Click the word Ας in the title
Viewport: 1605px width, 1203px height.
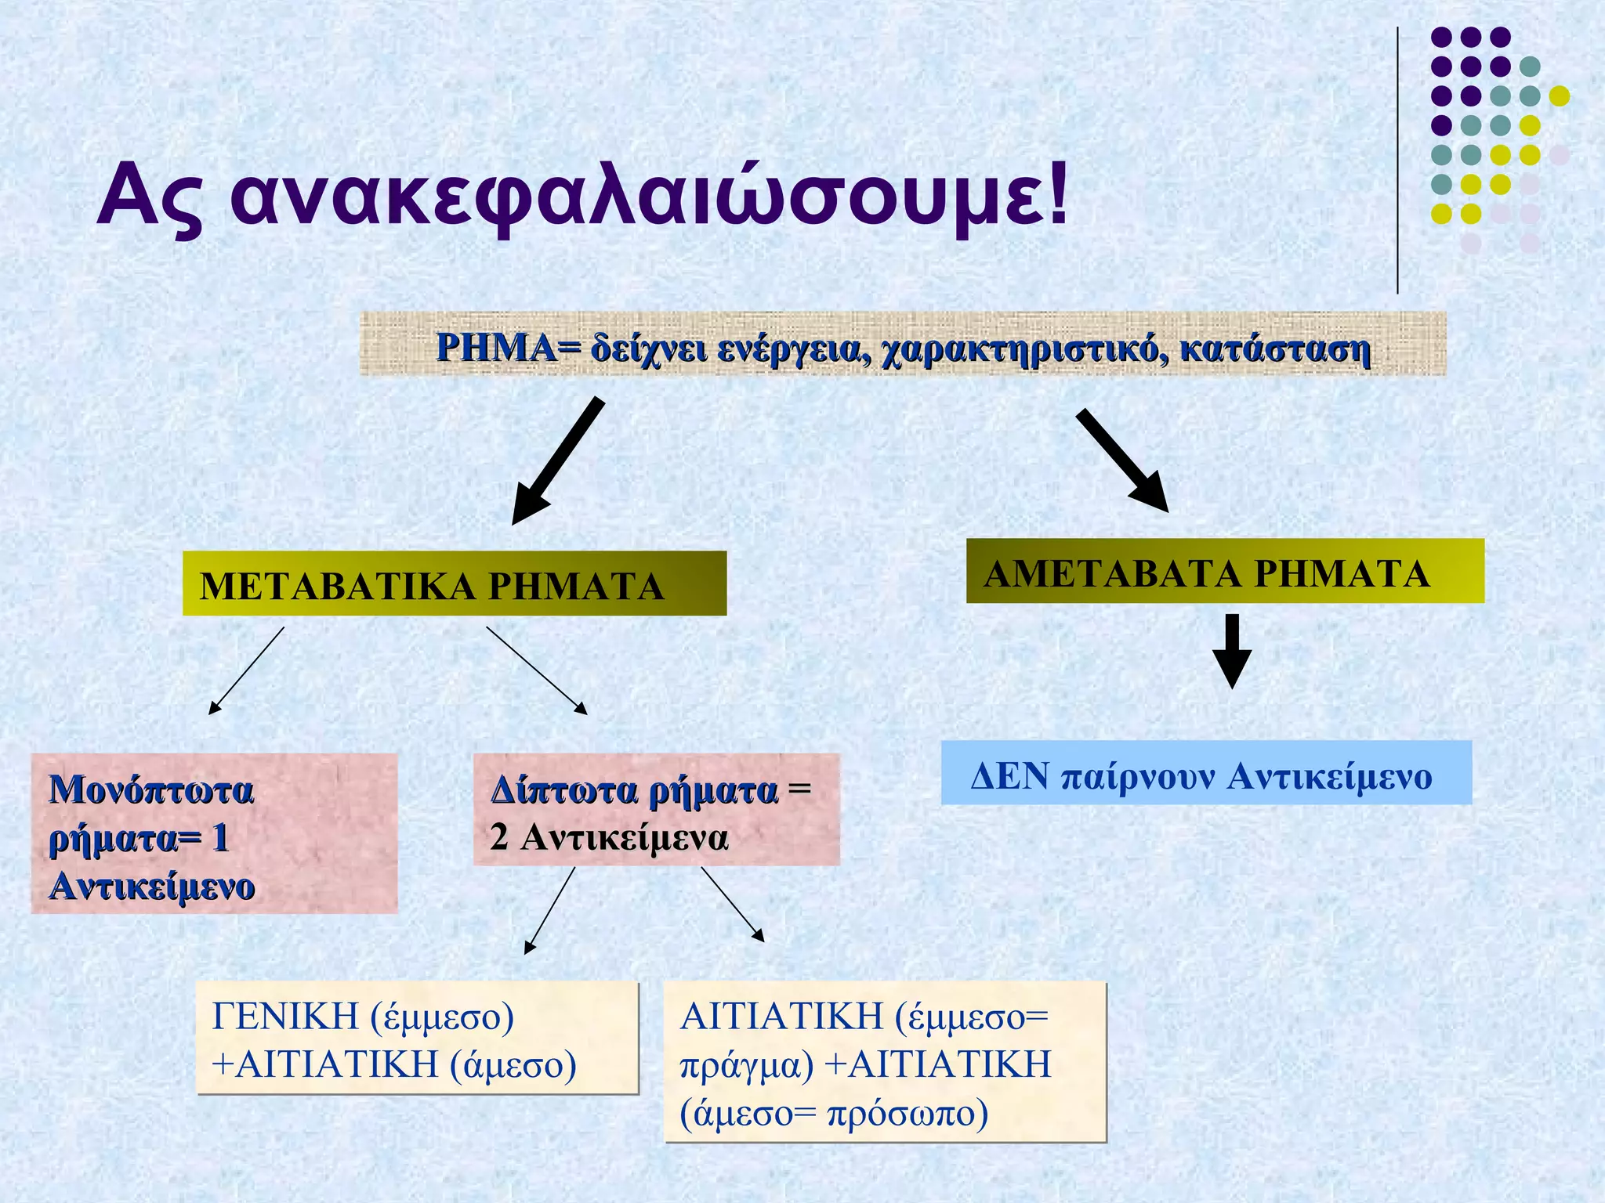tap(151, 196)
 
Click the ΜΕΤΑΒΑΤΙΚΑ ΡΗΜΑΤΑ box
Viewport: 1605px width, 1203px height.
tap(454, 584)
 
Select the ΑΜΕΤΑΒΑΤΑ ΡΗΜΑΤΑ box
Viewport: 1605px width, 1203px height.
tap(1224, 572)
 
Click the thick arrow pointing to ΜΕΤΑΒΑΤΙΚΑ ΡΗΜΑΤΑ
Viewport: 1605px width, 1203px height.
tap(558, 461)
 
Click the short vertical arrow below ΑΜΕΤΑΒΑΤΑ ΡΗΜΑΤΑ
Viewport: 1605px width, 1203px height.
tap(1232, 650)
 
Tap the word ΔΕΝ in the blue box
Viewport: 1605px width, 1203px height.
tap(1009, 776)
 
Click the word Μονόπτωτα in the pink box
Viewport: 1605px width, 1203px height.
tap(151, 789)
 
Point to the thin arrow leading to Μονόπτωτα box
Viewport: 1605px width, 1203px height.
tap(246, 670)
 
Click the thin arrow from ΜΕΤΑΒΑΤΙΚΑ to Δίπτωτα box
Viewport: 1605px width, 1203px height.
tap(536, 670)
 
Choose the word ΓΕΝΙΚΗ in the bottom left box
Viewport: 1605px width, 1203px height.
tap(284, 1016)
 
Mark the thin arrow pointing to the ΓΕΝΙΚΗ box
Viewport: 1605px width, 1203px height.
tap(549, 910)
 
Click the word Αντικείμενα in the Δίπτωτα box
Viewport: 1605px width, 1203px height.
tap(625, 837)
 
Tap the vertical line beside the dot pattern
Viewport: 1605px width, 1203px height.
tap(1397, 161)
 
